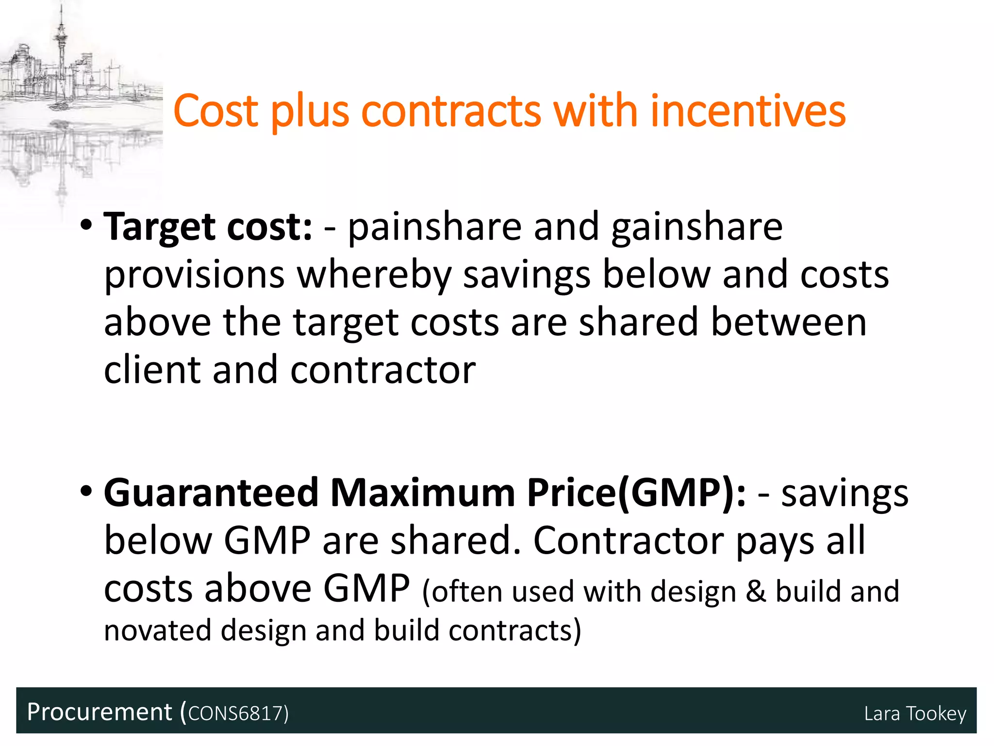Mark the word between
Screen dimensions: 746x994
[789, 322]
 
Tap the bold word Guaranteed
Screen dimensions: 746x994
[211, 493]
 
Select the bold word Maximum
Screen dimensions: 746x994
[422, 493]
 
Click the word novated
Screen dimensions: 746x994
[157, 630]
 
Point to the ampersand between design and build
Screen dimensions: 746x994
[756, 592]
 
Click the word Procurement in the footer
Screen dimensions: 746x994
[99, 712]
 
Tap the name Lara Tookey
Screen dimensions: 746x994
[915, 713]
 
